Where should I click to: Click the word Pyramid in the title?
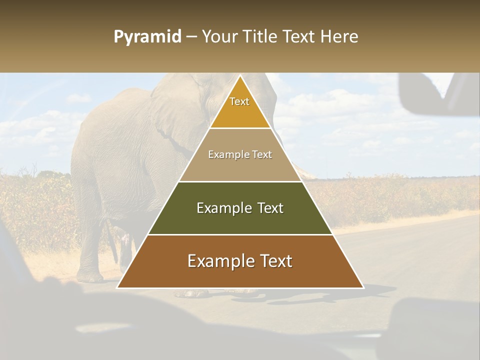[x=147, y=37]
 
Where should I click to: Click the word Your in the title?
[x=221, y=37]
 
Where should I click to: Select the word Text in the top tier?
[x=239, y=101]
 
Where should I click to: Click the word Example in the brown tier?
[x=217, y=261]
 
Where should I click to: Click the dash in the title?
[x=191, y=37]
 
